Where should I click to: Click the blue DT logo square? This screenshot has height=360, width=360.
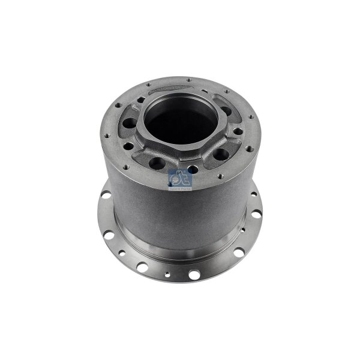(180, 179)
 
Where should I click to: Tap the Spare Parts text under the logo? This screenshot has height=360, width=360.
(180, 188)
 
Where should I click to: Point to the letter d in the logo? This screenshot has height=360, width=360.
(175, 178)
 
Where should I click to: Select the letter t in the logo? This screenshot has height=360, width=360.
(185, 178)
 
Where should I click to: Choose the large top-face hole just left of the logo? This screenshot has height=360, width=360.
(159, 163)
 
